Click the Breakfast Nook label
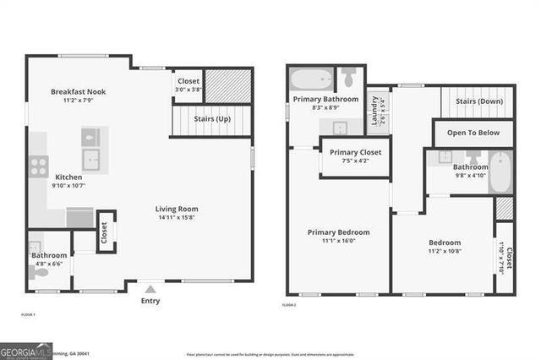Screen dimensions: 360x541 coord(78,91)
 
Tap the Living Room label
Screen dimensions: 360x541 coord(175,209)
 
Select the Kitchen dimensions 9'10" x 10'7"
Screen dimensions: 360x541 coord(68,185)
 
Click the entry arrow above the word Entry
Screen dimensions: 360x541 coord(150,287)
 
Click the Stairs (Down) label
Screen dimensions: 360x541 coord(479,101)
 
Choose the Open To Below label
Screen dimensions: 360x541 coord(473,133)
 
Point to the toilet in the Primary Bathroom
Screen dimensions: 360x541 coord(350,78)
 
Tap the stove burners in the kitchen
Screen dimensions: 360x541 coord(39,166)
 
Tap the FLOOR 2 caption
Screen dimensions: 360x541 coord(290,304)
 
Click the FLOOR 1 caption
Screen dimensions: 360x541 coord(27,314)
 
